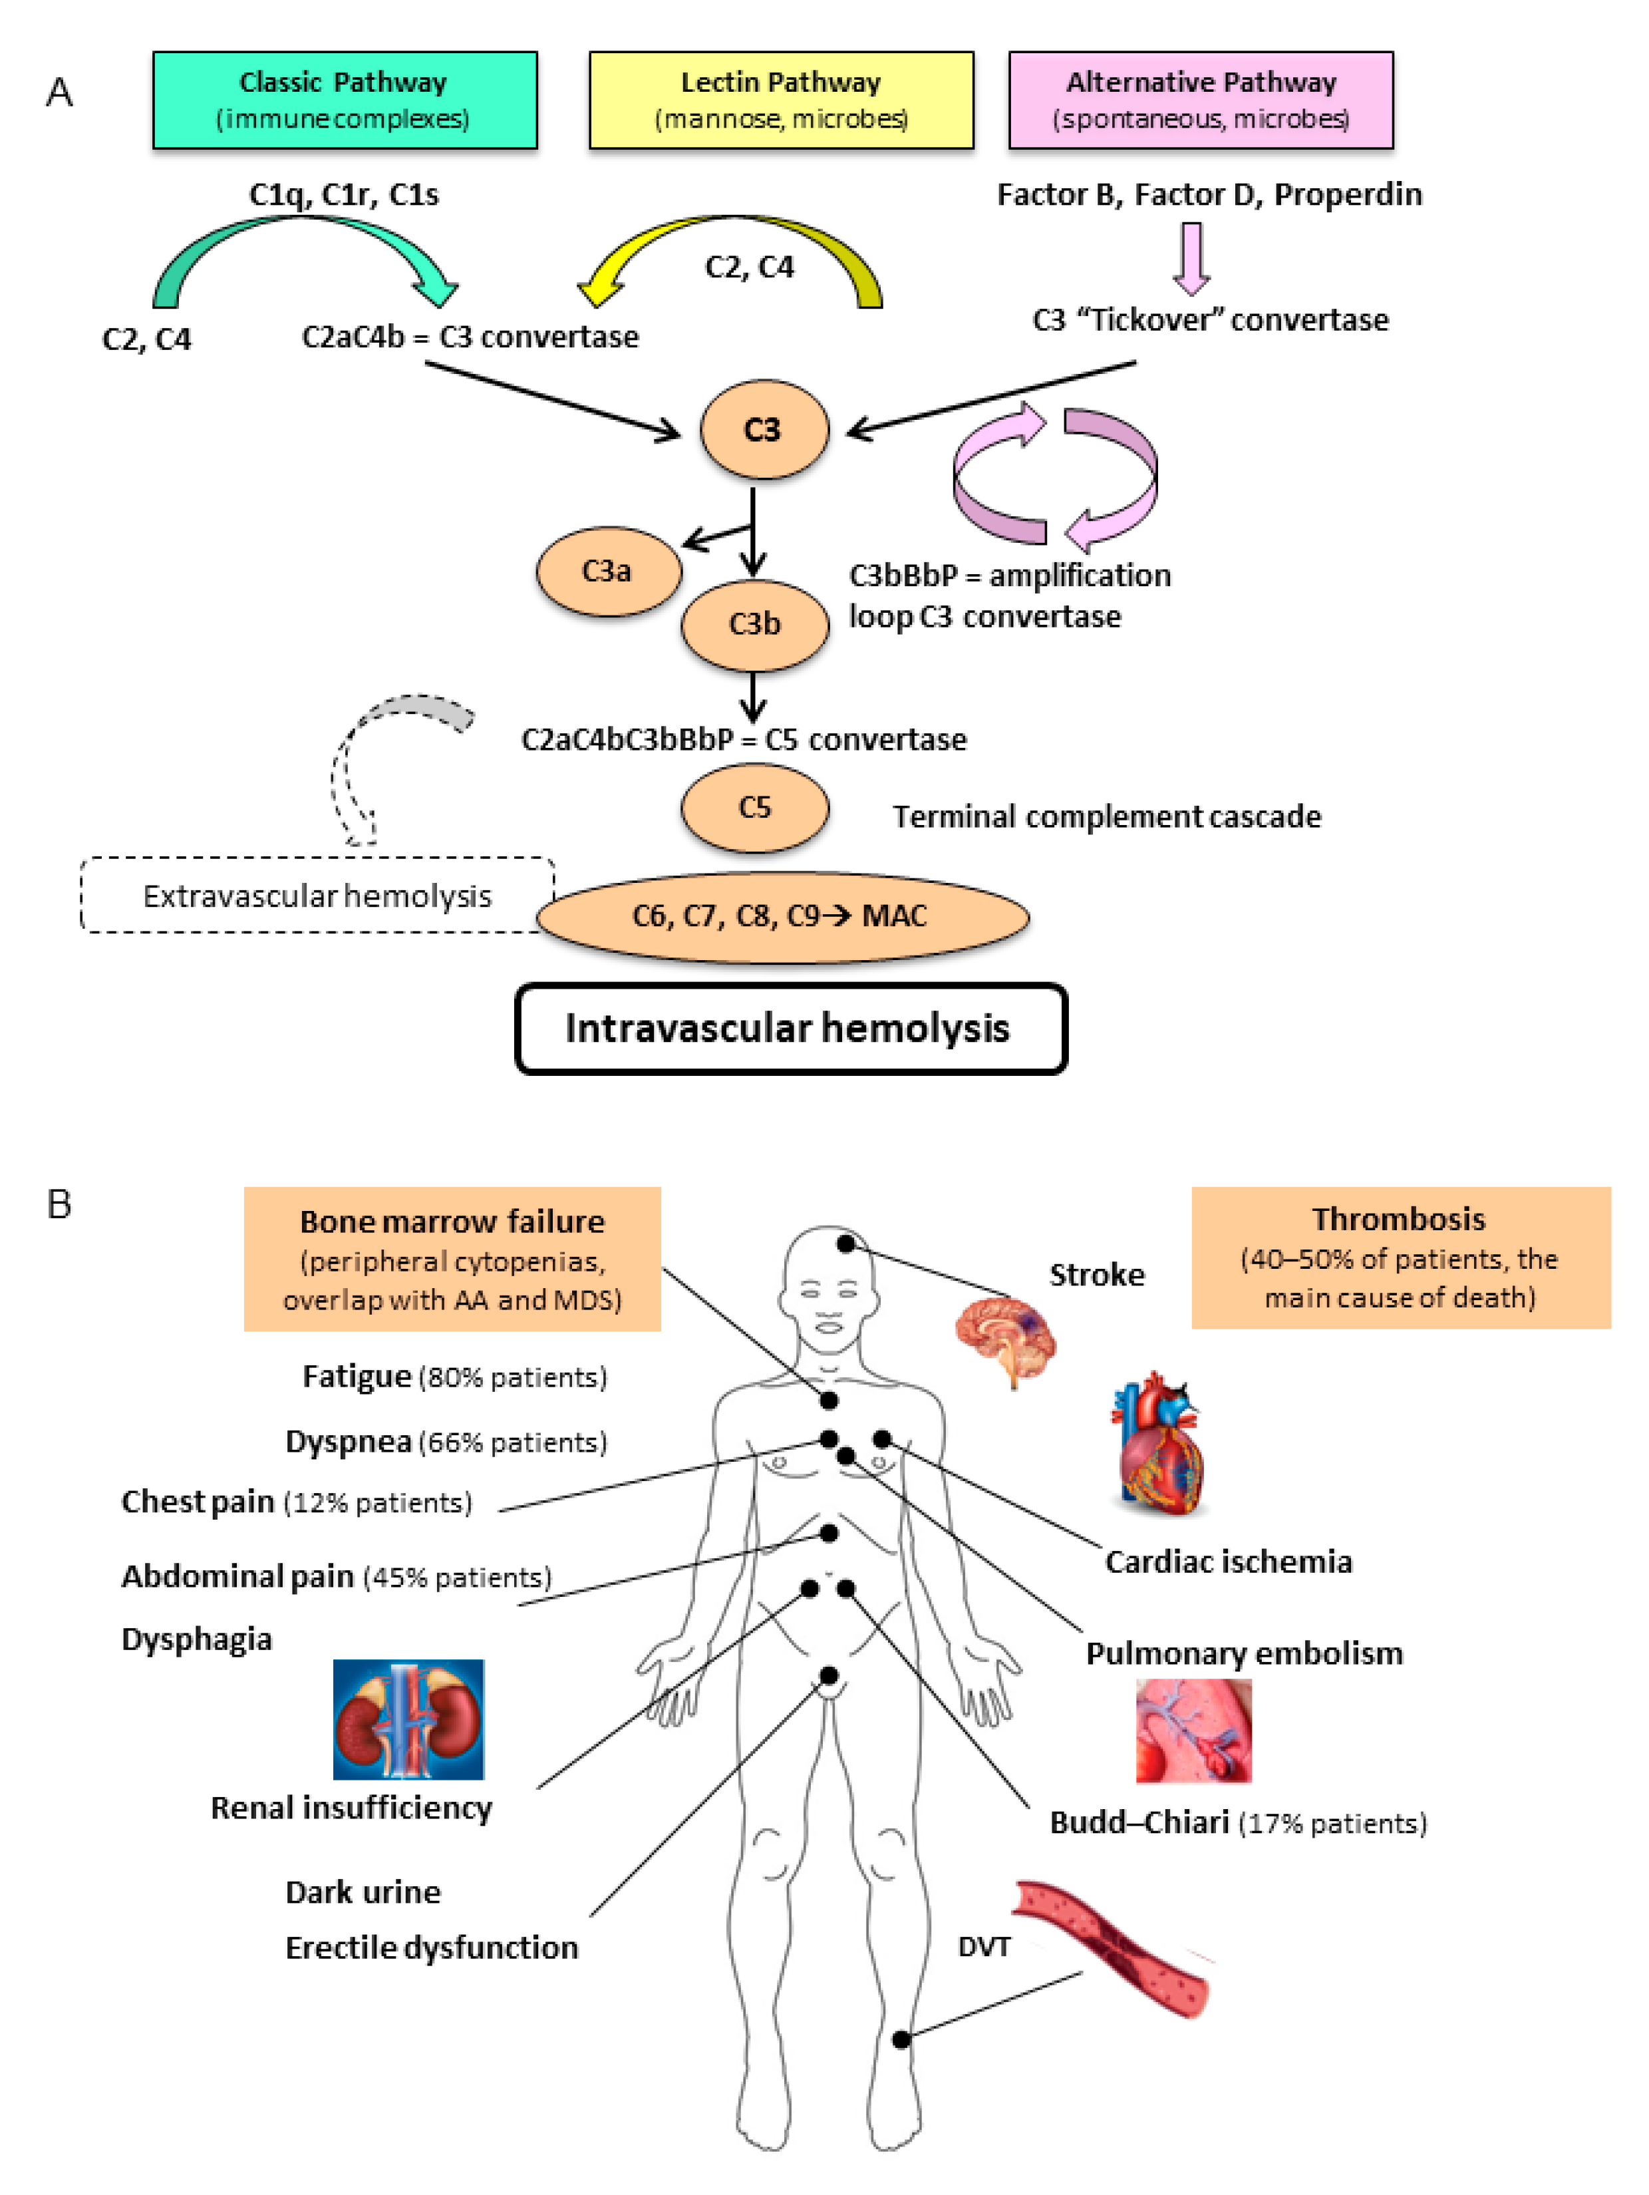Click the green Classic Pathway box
coord(345,100)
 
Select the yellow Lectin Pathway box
coord(781,100)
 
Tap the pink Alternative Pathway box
coord(1201,100)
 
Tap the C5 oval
coord(754,808)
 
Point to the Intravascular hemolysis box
coord(791,1029)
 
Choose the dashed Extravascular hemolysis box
coord(317,895)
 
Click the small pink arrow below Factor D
coord(1191,258)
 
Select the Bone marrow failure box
coord(452,1258)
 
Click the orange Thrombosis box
coord(1401,1258)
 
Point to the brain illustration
coord(1006,1341)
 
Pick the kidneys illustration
coord(409,1720)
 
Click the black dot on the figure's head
coord(845,1244)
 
